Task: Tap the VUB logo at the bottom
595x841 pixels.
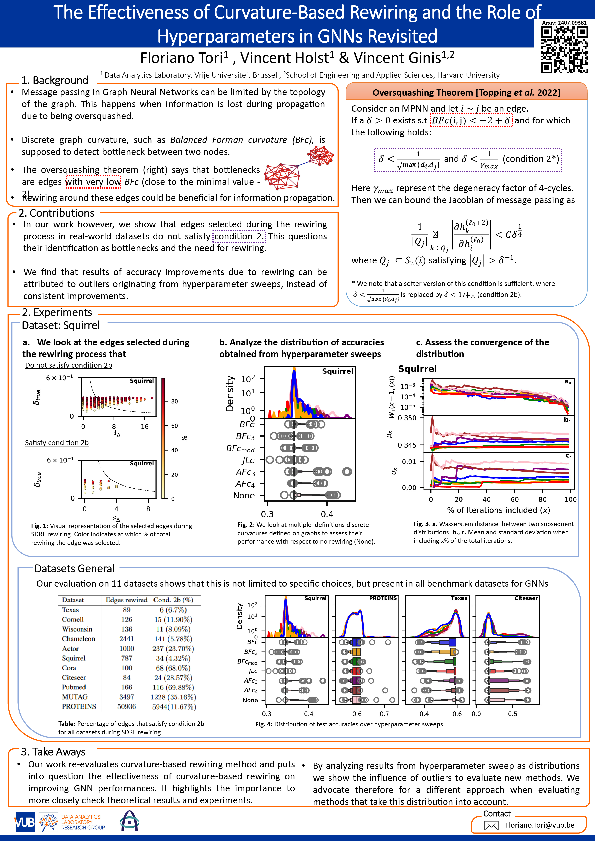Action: tap(24, 822)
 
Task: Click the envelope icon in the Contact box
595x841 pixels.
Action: tap(491, 825)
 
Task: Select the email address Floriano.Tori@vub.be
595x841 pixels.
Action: tap(539, 825)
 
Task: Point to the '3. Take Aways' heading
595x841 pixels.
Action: tap(53, 752)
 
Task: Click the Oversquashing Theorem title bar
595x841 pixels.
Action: tap(466, 92)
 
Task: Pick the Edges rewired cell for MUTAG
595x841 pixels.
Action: tap(126, 697)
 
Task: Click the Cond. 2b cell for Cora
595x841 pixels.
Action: tap(173, 668)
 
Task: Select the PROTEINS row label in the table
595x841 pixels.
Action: tap(79, 706)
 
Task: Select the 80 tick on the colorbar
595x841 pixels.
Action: tap(174, 401)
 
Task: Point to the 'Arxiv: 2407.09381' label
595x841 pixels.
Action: tap(564, 23)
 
